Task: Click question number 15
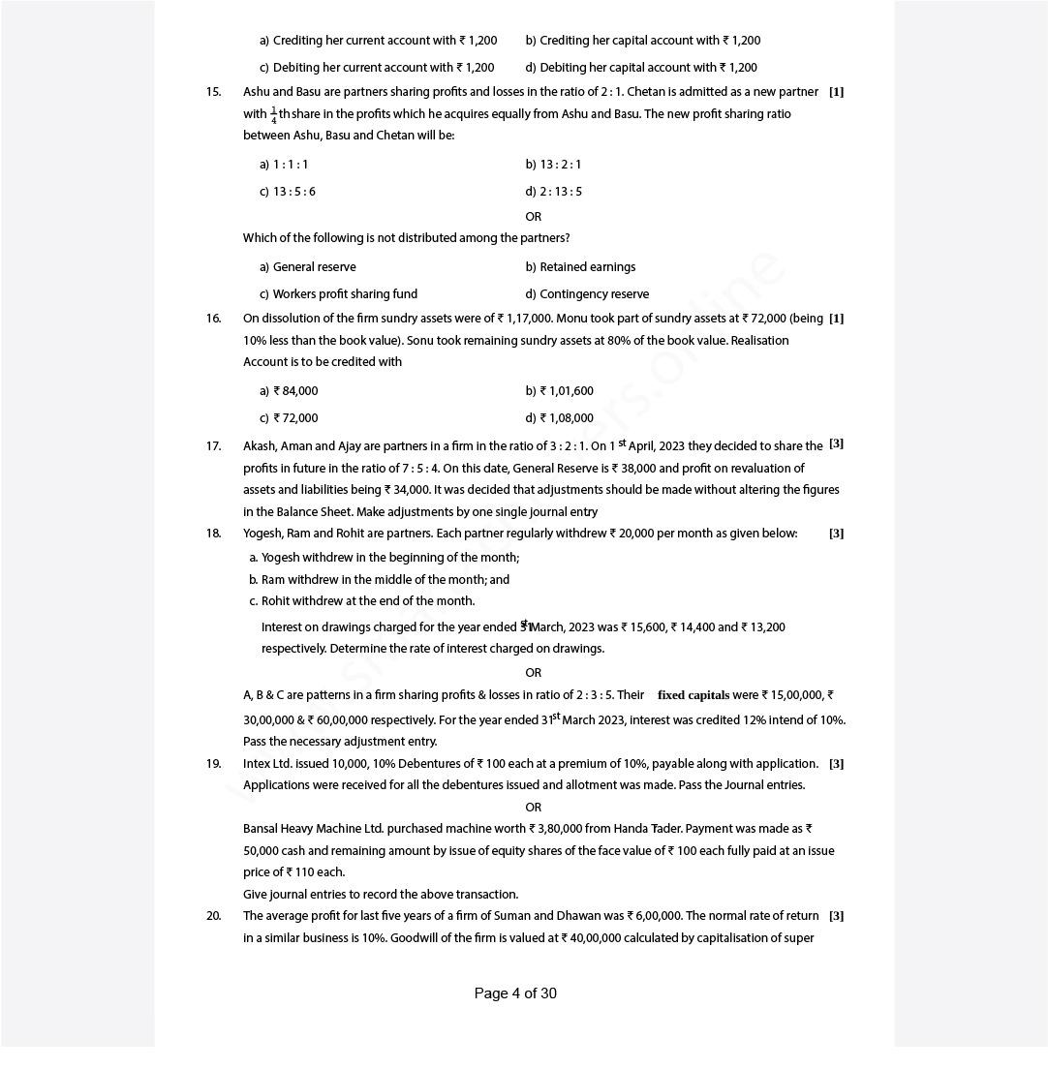click(x=213, y=92)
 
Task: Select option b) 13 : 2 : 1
click(x=554, y=165)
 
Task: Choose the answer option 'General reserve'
click(x=308, y=267)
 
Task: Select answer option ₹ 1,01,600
click(x=560, y=391)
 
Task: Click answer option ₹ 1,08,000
click(x=560, y=418)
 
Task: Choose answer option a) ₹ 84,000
click(x=289, y=391)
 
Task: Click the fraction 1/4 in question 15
click(x=273, y=115)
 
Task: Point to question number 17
click(x=213, y=446)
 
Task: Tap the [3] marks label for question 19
click(x=836, y=764)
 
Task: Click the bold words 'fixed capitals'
click(x=694, y=695)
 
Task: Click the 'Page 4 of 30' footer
click(x=515, y=993)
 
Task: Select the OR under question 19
click(x=533, y=808)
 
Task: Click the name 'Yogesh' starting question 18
click(x=262, y=534)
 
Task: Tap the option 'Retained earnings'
click(x=581, y=267)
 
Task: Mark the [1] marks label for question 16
click(x=836, y=319)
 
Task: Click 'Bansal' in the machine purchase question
click(x=262, y=829)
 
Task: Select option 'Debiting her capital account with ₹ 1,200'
click(x=642, y=68)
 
